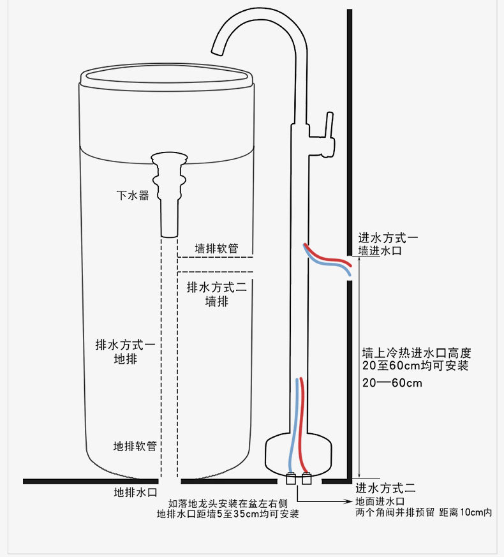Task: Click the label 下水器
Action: (x=133, y=195)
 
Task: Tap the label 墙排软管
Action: (x=216, y=248)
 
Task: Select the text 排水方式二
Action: (x=217, y=287)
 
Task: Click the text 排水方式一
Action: (x=125, y=345)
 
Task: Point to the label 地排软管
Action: (x=135, y=446)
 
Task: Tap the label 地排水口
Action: (x=135, y=493)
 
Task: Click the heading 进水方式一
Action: (x=388, y=237)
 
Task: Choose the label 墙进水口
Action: (x=380, y=251)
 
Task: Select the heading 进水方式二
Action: (x=386, y=488)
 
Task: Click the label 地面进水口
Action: (x=380, y=501)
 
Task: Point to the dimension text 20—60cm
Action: (x=392, y=383)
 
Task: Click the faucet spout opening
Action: (x=217, y=52)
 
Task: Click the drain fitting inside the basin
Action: (x=169, y=195)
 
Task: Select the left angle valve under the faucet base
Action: (x=291, y=479)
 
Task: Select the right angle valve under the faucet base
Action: (x=306, y=479)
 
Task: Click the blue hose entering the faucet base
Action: (x=293, y=426)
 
